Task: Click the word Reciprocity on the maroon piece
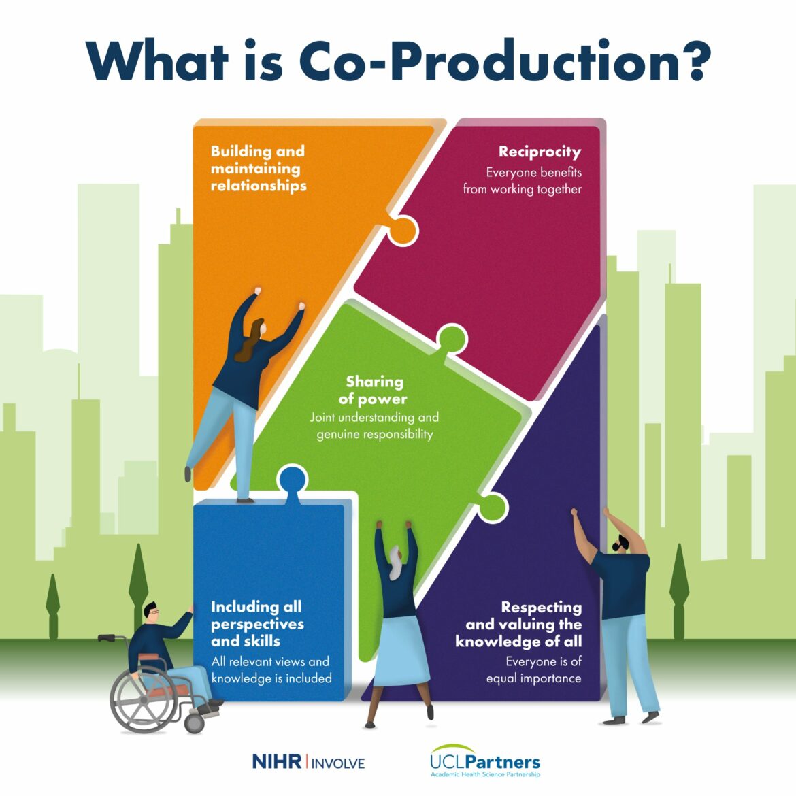click(540, 152)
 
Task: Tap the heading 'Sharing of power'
click(374, 391)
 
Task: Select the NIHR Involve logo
click(308, 761)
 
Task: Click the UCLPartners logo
click(484, 761)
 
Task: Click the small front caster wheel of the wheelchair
click(195, 723)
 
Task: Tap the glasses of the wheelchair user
click(156, 612)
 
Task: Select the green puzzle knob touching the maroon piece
click(451, 337)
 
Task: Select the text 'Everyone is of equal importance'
click(533, 669)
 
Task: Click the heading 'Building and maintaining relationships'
click(259, 169)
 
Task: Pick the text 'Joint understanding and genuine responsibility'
click(374, 426)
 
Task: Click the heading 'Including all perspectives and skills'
click(256, 624)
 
